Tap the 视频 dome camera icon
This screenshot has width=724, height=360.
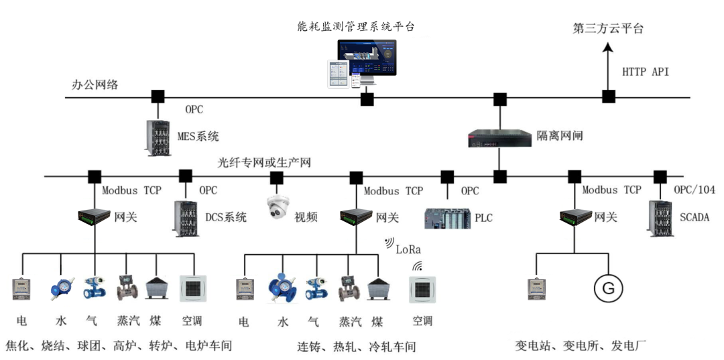277,209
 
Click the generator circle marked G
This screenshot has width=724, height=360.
608,289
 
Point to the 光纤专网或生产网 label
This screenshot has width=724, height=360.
264,162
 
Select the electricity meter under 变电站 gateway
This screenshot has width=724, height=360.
535,289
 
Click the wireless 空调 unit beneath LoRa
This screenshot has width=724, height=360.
422,289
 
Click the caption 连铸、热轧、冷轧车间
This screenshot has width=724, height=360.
356,347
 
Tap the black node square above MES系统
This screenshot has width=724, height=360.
157,97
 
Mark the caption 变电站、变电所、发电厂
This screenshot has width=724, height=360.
580,347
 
